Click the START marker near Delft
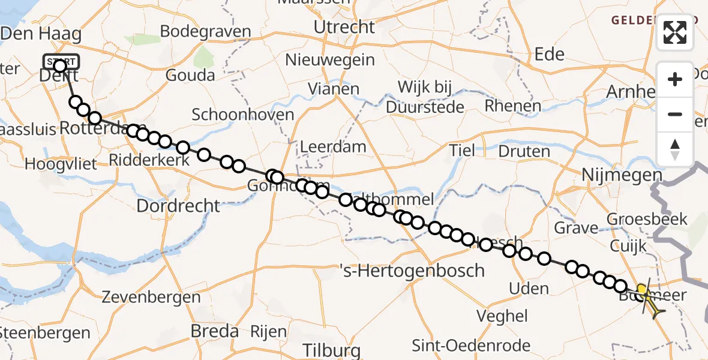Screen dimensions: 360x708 tap(61, 62)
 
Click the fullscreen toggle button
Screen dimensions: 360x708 tap(675, 33)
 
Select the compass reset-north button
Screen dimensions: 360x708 tap(675, 149)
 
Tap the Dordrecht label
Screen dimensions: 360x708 tap(179, 206)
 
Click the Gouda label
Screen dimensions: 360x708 tap(190, 75)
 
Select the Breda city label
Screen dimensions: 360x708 tap(214, 331)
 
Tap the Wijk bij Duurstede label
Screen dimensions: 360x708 tap(425, 97)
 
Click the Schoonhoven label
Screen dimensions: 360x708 tap(243, 115)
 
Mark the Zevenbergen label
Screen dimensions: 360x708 tap(151, 297)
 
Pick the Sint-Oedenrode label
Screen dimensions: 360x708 tap(471, 346)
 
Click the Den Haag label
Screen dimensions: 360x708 tap(41, 34)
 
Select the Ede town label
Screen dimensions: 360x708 tap(549, 55)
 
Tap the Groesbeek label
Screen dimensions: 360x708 tap(647, 219)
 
